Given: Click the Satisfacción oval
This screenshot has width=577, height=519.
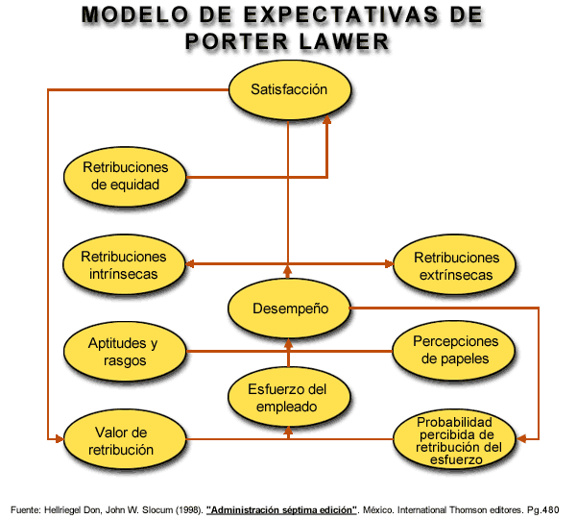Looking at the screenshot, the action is pos(290,89).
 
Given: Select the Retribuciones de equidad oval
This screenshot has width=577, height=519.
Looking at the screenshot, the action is pos(125,176).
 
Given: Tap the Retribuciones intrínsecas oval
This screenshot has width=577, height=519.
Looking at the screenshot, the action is pos(124,264).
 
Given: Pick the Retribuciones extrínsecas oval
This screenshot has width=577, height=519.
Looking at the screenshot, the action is pos(454,264).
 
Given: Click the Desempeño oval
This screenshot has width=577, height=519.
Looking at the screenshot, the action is pos(289,308).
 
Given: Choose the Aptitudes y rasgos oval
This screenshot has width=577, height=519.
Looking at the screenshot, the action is pos(125,351).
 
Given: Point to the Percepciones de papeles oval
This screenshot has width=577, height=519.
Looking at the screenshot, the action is pos(454,350).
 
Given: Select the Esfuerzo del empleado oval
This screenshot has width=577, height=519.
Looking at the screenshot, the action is pos(289,397).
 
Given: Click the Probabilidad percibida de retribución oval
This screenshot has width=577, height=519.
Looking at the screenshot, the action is pos(454,438).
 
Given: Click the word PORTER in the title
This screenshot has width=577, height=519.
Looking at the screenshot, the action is pos(236,41).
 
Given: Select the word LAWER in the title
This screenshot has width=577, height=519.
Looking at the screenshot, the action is pos(344,41).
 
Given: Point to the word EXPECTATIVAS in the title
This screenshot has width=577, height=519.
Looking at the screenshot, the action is pos(341,14).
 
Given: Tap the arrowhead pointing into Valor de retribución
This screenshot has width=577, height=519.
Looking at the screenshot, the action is pos(60,438).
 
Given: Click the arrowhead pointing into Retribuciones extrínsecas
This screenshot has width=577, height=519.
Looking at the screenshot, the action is pos(390,263).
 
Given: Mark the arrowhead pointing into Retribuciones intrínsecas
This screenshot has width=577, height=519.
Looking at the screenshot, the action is pos(189,263).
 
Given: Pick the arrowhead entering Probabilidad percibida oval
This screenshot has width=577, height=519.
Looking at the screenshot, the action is pos(521,438).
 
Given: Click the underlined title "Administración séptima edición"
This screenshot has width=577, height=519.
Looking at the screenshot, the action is pos(281,510).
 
